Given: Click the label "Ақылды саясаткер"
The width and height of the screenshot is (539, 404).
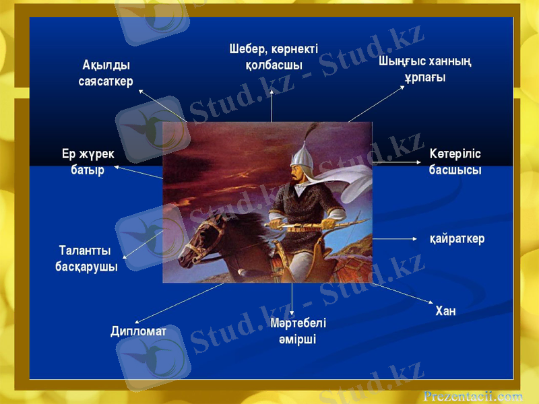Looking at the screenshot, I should click(x=106, y=73).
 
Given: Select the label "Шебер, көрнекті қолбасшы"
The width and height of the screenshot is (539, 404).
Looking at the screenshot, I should click(x=274, y=57).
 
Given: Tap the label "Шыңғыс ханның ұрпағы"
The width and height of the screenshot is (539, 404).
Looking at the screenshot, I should click(x=424, y=69).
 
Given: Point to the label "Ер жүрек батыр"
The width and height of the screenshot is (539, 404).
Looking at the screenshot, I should click(x=88, y=162).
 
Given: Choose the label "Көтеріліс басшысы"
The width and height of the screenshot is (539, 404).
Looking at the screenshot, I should click(x=455, y=162).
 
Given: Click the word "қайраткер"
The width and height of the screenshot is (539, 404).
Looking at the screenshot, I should click(x=457, y=238).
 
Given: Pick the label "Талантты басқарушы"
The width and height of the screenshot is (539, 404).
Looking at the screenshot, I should click(x=86, y=259).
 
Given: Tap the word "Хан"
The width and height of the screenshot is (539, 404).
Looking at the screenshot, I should click(x=445, y=310).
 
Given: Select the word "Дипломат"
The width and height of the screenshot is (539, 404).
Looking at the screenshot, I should click(x=139, y=331).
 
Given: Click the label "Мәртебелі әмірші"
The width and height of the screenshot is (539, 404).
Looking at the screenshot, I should click(x=298, y=331).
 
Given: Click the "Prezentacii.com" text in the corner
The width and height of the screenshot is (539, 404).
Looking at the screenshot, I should click(x=473, y=396).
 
